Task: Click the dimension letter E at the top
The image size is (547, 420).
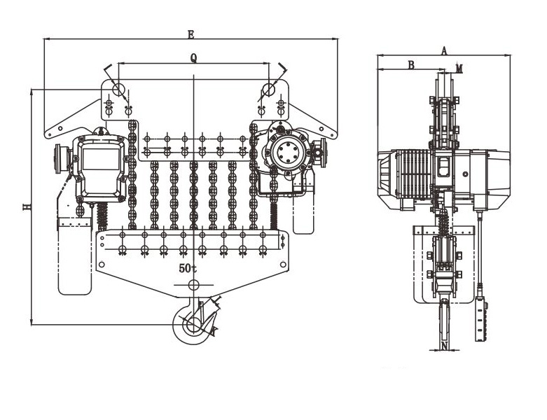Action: click(x=191, y=34)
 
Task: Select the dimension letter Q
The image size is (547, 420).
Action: click(x=193, y=58)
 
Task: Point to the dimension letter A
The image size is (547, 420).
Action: click(x=444, y=51)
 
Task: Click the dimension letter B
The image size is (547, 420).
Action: click(x=412, y=65)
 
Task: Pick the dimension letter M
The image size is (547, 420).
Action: click(x=459, y=69)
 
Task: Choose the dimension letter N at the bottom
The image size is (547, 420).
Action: click(x=444, y=346)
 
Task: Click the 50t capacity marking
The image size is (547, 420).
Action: click(x=188, y=268)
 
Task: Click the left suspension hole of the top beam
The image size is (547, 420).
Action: click(x=118, y=89)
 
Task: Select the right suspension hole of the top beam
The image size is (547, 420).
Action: click(x=269, y=89)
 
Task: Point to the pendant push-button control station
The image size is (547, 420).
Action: click(x=481, y=320)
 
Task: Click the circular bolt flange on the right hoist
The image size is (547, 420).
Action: click(x=288, y=152)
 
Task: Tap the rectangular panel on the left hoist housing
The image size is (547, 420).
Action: click(x=101, y=159)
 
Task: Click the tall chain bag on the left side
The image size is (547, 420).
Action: click(x=75, y=256)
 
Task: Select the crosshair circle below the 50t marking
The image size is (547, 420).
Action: click(x=193, y=285)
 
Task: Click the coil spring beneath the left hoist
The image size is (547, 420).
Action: click(x=102, y=216)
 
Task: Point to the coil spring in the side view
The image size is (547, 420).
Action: click(x=443, y=223)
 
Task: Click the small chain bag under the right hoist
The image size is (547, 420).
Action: click(x=303, y=213)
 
